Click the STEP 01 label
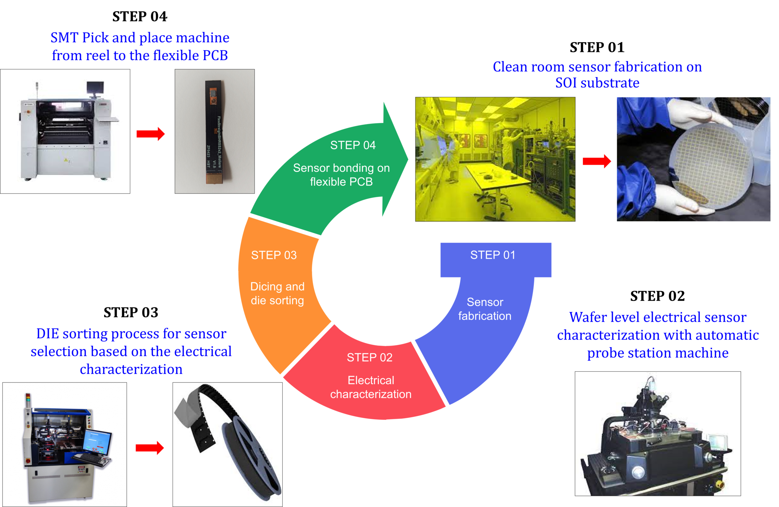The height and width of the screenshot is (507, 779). (493, 255)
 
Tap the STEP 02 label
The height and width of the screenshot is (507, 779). (369, 357)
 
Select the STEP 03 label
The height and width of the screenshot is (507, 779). (274, 255)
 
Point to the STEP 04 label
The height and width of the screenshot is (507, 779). (353, 145)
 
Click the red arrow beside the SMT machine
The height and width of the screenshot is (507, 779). (150, 134)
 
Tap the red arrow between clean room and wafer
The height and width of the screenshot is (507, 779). (597, 161)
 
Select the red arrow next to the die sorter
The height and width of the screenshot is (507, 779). (150, 448)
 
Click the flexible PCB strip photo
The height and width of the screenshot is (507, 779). (214, 131)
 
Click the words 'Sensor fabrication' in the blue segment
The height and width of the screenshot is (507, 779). (484, 309)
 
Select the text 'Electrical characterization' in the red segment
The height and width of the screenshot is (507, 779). (371, 387)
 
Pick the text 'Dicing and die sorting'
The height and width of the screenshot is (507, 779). (277, 293)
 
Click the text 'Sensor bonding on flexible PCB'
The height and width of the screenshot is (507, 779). (341, 175)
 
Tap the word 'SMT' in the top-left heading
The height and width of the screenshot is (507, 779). (64, 37)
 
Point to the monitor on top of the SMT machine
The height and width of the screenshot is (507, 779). (95, 87)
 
